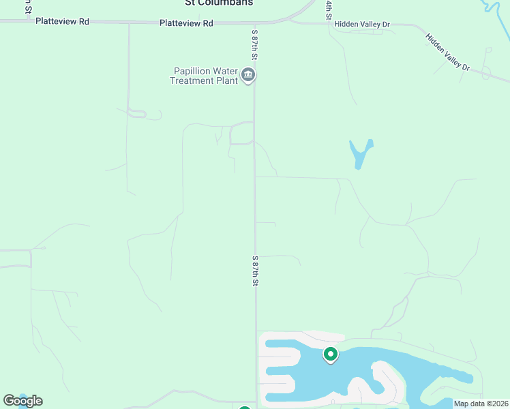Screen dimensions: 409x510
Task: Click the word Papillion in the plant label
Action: coord(194,70)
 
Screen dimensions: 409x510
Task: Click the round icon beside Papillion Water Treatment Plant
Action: coord(248,75)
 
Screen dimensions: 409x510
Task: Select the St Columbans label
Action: coord(219,3)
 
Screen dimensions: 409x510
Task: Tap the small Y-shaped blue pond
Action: coord(360,153)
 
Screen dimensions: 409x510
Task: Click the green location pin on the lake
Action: coord(331,354)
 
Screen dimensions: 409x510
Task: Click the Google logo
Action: coord(22,401)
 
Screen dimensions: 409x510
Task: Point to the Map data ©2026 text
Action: coord(481,404)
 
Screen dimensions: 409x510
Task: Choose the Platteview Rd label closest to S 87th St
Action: coord(186,23)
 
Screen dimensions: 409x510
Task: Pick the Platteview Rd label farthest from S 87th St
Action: coord(63,22)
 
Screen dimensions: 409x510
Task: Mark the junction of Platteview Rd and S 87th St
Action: coord(255,23)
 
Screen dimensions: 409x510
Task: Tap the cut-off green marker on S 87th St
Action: coord(245,407)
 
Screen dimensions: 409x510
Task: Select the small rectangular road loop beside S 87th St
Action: coord(241,134)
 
